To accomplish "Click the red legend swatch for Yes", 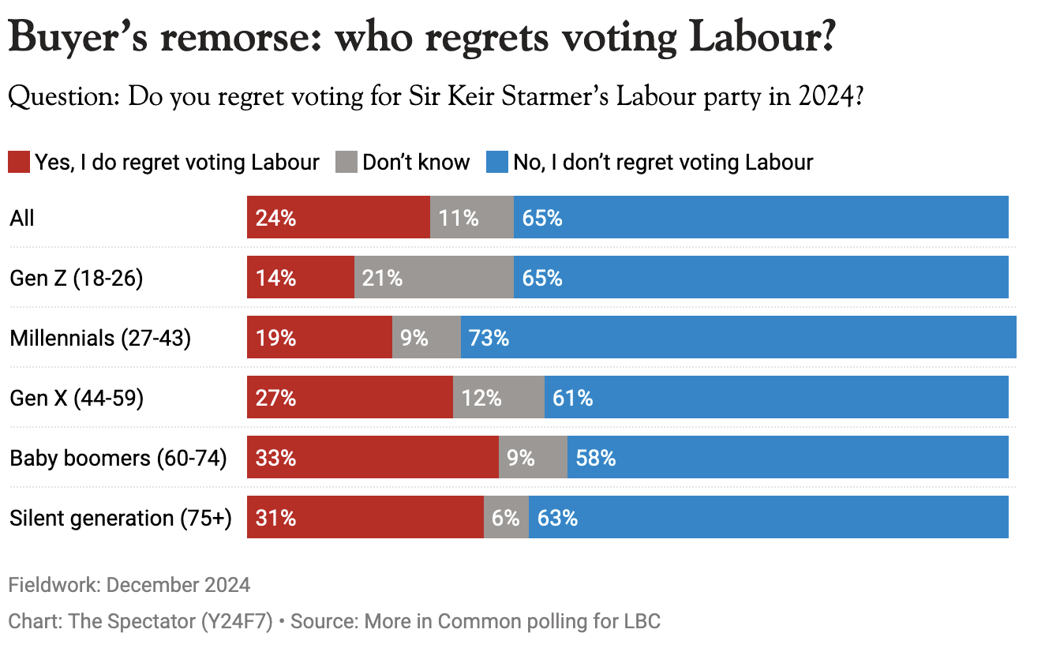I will pos(19,163).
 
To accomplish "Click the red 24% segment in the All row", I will pos(339,217).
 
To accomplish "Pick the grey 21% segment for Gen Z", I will pos(433,278).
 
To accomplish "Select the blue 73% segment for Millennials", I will pos(738,338).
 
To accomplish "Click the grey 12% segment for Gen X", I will pos(498,397).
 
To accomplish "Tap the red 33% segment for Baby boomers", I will pos(373,458).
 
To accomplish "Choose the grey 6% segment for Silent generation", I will pos(505,518).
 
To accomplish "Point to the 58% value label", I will pos(596,458).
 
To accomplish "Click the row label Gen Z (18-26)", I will pos(76,279).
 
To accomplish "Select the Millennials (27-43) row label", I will pos(100,339).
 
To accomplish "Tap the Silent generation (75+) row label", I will pos(120,519).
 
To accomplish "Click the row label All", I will pos(22,218).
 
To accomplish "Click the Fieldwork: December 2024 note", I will pos(129,585).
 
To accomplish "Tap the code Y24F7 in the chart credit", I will pos(237,622).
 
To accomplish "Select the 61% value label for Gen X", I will pos(573,397).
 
